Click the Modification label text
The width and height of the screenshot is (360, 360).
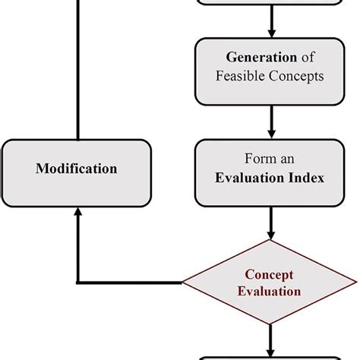pos(77,168)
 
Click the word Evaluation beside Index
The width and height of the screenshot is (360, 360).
pos(251,178)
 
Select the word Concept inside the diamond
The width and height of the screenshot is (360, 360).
pos(269,274)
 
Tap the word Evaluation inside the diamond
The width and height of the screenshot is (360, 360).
pos(269,291)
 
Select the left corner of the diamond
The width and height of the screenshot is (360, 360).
pos(184,283)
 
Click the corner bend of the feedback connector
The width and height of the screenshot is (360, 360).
pos(77,283)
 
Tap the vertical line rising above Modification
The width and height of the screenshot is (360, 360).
pos(77,68)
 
